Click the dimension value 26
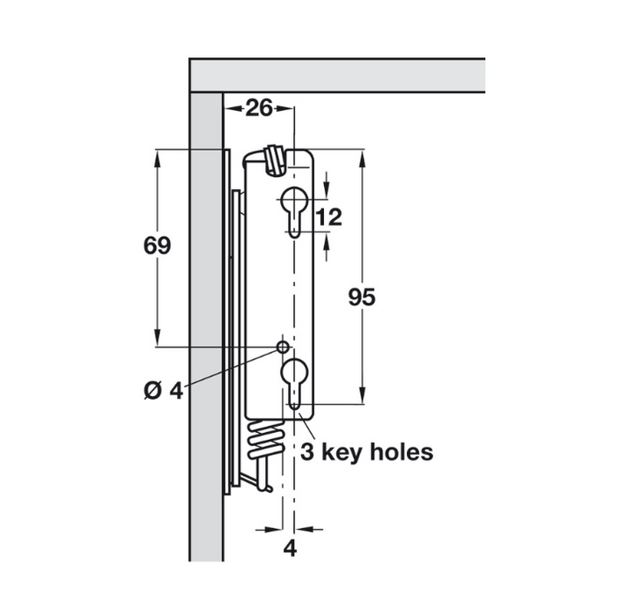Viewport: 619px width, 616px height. [x=259, y=108]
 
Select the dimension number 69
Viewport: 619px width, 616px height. [x=157, y=246]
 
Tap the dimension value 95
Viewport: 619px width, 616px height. [x=362, y=297]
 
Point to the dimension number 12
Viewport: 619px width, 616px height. [x=328, y=216]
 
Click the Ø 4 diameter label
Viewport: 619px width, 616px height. [x=161, y=390]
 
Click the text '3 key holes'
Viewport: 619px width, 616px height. [x=366, y=452]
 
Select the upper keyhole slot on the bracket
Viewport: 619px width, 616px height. [x=293, y=209]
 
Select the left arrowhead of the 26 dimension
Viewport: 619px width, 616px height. [x=232, y=108]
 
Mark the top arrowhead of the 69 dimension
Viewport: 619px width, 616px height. [x=158, y=156]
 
